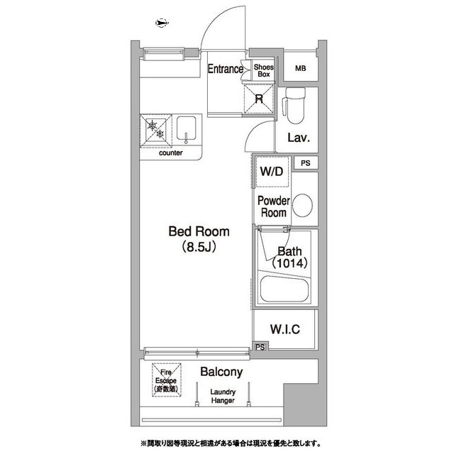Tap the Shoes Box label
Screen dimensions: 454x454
click(x=264, y=69)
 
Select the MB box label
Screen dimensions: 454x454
click(x=301, y=69)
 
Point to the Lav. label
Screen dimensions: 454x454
click(x=297, y=138)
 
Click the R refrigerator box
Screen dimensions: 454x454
click(x=259, y=99)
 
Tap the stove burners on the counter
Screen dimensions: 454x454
click(x=155, y=129)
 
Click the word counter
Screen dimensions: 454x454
click(x=171, y=153)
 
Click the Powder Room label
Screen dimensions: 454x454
click(x=272, y=206)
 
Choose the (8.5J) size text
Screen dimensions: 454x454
click(x=198, y=248)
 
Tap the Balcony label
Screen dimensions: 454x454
click(x=221, y=372)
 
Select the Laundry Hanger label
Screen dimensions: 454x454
click(x=221, y=396)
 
